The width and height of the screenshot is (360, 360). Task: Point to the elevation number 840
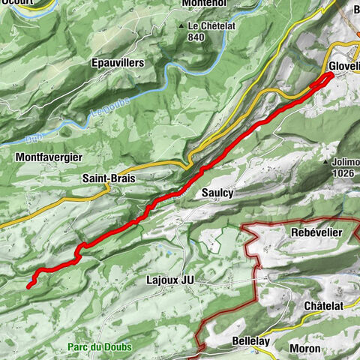click(x=197, y=37)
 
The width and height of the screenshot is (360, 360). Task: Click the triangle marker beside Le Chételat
click(x=181, y=25)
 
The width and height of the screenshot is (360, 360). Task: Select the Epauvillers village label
click(x=116, y=64)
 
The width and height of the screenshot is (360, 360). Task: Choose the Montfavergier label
click(x=48, y=157)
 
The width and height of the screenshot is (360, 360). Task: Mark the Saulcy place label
click(x=217, y=193)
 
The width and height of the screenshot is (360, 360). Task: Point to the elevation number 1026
click(x=343, y=173)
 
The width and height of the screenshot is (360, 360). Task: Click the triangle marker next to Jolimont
click(x=325, y=161)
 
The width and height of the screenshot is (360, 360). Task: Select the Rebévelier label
click(x=316, y=232)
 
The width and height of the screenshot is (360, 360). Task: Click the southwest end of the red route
click(x=29, y=286)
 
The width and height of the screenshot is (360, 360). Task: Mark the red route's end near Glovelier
click(x=330, y=75)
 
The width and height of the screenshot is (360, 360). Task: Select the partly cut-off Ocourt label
click(x=16, y=4)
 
